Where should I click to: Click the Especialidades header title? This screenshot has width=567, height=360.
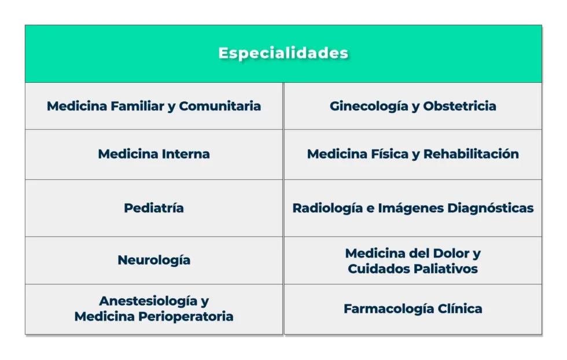(x=283, y=53)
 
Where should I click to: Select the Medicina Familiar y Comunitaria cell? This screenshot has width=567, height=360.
(x=153, y=106)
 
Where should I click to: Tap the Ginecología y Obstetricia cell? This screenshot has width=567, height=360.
(x=413, y=106)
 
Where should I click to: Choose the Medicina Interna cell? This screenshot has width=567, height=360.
(x=153, y=154)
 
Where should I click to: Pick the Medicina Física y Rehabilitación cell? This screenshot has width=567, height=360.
(x=413, y=154)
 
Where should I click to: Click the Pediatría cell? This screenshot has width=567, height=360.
(x=153, y=208)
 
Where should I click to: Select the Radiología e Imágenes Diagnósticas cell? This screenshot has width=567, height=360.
(x=413, y=208)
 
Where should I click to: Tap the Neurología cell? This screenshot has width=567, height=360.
(x=153, y=260)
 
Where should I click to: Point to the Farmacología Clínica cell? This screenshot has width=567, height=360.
(x=413, y=308)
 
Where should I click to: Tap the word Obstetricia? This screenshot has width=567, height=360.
(x=459, y=106)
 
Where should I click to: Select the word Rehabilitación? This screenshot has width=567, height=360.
(x=471, y=154)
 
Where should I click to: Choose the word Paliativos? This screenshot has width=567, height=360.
(x=445, y=269)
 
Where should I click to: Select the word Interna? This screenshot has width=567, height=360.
(x=186, y=154)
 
